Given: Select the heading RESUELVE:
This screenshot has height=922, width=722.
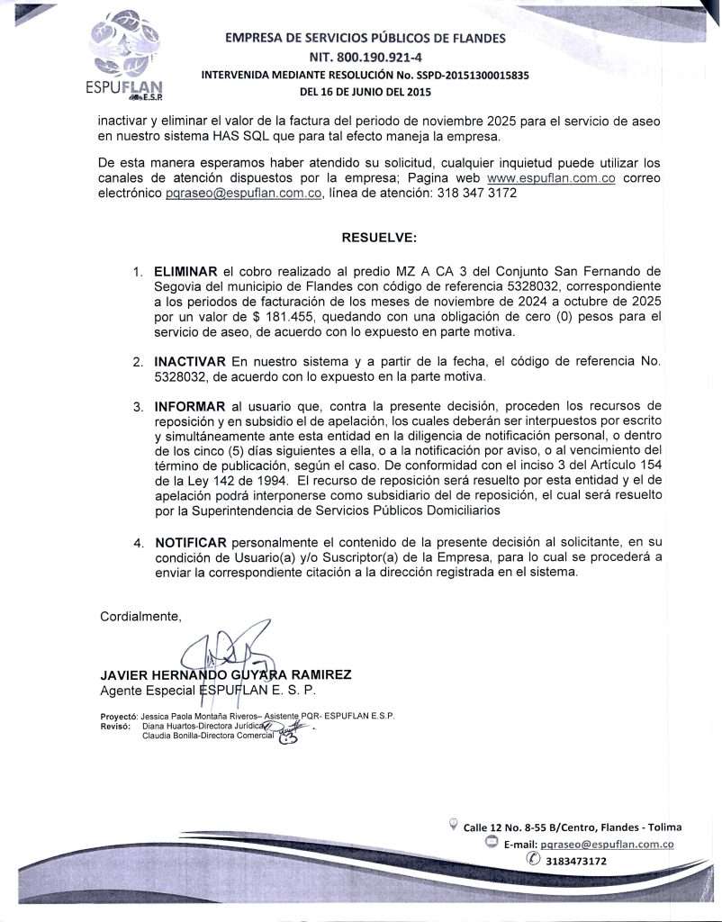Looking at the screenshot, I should pos(379,238).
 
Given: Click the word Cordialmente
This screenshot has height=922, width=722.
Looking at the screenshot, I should pos(140,617).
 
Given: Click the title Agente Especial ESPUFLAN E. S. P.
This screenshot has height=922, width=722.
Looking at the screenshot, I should pos(208,690).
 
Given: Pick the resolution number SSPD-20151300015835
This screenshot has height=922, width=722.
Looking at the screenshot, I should pos(464,75).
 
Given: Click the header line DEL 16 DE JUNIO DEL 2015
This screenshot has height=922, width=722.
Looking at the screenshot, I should pos(365,92).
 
